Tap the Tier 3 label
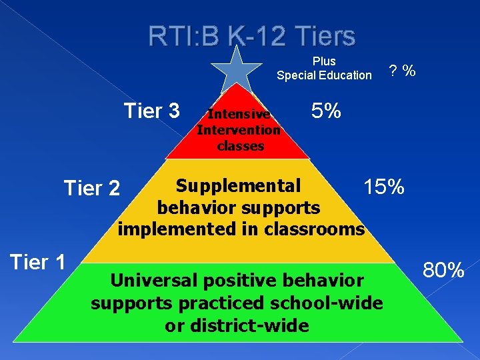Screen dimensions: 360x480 152,111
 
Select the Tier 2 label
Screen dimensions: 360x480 91,189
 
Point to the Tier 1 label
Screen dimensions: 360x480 37,262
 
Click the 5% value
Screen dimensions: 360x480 326,111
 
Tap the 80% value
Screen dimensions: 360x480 443,270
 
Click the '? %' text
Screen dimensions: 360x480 403,70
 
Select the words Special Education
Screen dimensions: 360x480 324,75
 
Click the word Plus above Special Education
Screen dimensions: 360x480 324,61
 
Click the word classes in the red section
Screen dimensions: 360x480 241,145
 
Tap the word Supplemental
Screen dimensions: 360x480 238,185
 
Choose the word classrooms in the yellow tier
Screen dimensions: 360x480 322,229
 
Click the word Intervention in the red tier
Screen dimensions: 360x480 239,130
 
